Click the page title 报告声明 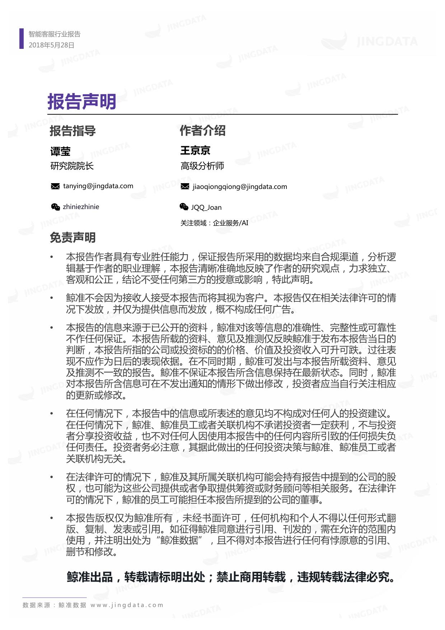tap(82, 102)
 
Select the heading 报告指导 tap(72, 131)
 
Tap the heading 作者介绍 tap(202, 130)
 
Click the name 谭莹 tap(60, 151)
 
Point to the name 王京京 tap(195, 150)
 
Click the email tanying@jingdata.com tap(98, 186)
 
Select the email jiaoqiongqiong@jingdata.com tap(240, 187)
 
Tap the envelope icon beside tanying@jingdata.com tap(55, 186)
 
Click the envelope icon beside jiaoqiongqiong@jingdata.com tap(185, 186)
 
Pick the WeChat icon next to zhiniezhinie tap(55, 207)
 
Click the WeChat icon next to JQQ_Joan tap(184, 207)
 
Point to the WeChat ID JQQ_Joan tap(206, 208)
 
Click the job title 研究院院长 tap(72, 166)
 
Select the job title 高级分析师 tap(202, 166)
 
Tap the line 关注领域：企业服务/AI tap(214, 223)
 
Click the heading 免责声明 tap(72, 237)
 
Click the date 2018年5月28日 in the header tap(51, 45)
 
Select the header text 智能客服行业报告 tap(55, 34)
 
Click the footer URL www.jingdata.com tap(127, 605)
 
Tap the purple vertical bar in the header tap(21, 39)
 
